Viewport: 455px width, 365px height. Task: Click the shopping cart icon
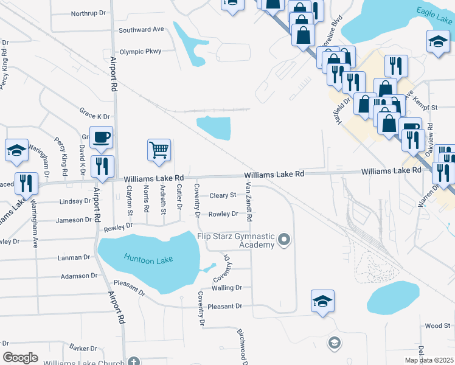click(x=159, y=148)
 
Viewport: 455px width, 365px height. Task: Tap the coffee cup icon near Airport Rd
click(x=101, y=137)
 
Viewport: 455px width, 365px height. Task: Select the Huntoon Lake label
click(x=148, y=259)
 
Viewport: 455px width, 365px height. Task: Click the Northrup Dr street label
click(x=88, y=13)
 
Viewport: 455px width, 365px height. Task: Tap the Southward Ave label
click(x=142, y=29)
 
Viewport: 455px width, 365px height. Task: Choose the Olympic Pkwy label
click(x=141, y=52)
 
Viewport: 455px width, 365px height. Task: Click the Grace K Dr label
click(x=94, y=113)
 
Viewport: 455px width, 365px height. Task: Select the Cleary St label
click(x=223, y=195)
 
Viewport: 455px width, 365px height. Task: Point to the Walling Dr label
click(x=226, y=288)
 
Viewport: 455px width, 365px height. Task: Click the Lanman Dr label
click(x=74, y=257)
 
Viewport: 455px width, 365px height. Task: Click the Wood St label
click(x=437, y=326)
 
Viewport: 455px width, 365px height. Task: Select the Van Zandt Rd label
click(x=249, y=202)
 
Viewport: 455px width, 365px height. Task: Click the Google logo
click(x=20, y=358)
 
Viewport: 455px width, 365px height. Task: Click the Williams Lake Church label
click(x=88, y=361)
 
